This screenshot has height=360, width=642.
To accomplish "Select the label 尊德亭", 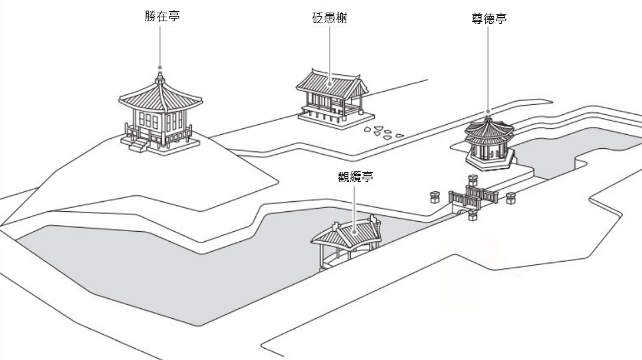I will [488, 19].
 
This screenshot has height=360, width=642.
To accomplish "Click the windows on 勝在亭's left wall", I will [148, 122].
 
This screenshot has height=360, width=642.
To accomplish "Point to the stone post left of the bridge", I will [435, 197].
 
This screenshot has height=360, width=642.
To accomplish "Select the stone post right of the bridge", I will [510, 198].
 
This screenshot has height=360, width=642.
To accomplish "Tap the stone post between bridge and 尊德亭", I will [473, 180].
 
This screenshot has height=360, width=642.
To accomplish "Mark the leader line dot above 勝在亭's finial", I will [160, 66].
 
